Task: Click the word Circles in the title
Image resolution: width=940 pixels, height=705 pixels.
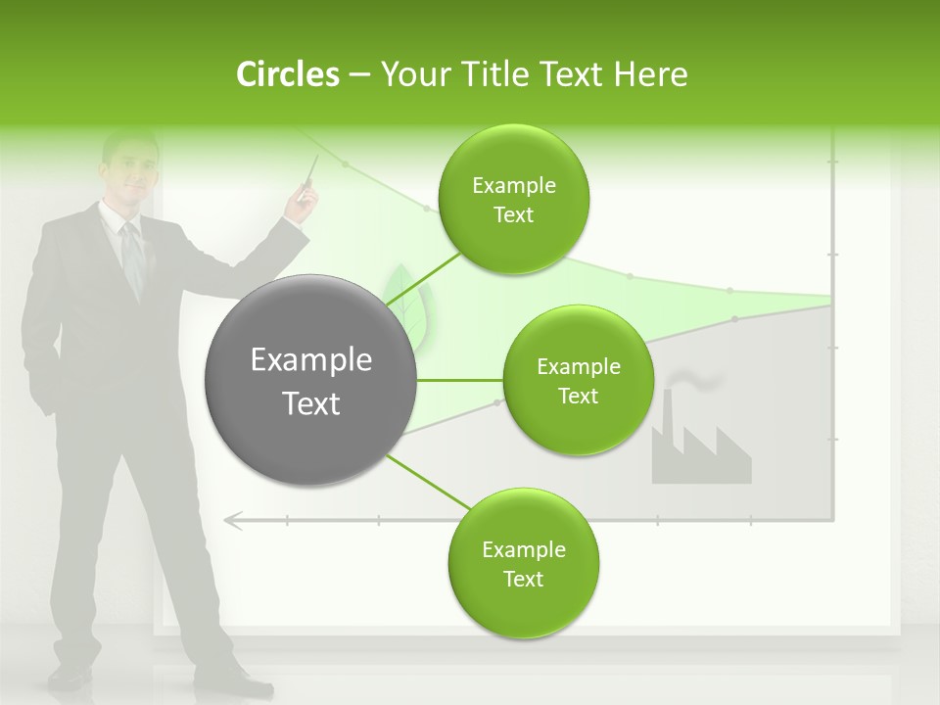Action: click(x=288, y=74)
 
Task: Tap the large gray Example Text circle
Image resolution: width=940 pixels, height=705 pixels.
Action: click(x=311, y=381)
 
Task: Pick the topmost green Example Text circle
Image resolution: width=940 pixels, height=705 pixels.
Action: click(x=513, y=200)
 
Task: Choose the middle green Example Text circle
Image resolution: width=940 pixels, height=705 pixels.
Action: click(x=578, y=381)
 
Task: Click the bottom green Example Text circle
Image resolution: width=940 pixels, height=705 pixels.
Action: click(x=523, y=564)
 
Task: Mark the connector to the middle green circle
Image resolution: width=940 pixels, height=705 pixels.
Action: click(x=459, y=380)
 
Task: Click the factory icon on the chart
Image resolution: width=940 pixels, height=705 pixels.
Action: click(x=699, y=446)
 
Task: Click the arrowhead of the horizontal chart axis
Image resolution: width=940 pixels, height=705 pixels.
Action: click(x=233, y=520)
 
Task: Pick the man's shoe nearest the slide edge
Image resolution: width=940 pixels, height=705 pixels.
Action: click(x=69, y=676)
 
